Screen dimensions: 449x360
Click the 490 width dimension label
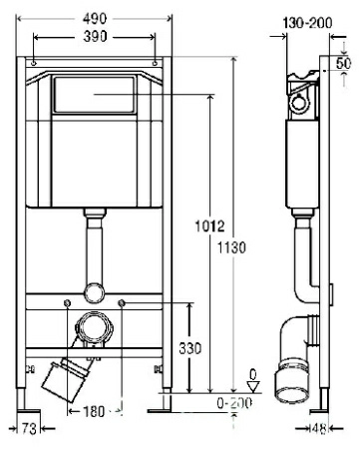(95, 17)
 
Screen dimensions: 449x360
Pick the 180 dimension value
(95, 410)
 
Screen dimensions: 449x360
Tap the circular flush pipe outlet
(95, 291)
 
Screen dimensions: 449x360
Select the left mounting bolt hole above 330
(66, 300)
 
